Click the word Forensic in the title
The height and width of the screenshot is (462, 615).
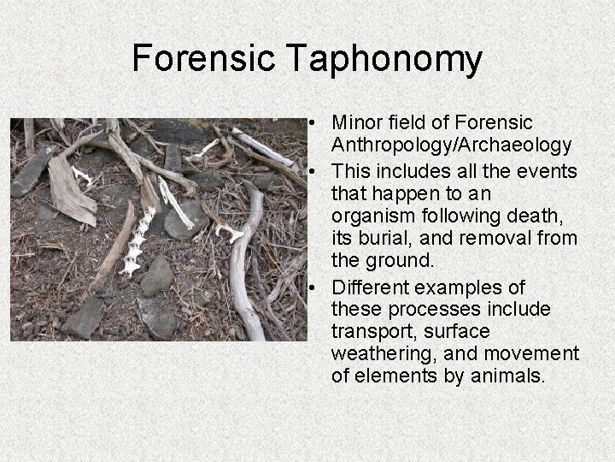point(203,59)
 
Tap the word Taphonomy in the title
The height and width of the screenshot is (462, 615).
point(384,59)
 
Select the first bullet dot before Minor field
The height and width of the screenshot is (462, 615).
point(316,124)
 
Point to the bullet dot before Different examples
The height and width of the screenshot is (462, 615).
point(316,288)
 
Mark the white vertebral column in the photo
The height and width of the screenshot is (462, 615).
point(138,241)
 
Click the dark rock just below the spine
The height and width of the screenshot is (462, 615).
point(157,276)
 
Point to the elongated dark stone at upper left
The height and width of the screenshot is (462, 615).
point(32,171)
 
